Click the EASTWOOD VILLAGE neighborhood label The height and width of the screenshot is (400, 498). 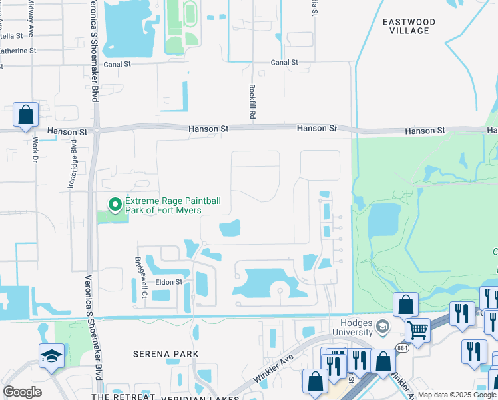coord(409,26)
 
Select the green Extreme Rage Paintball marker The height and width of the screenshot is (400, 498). coord(115,205)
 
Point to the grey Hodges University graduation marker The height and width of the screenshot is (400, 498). coord(382,327)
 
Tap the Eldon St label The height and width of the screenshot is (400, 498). coord(168,282)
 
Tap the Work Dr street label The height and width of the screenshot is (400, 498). coord(33,153)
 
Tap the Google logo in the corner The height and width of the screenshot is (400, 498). coord(22,392)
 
